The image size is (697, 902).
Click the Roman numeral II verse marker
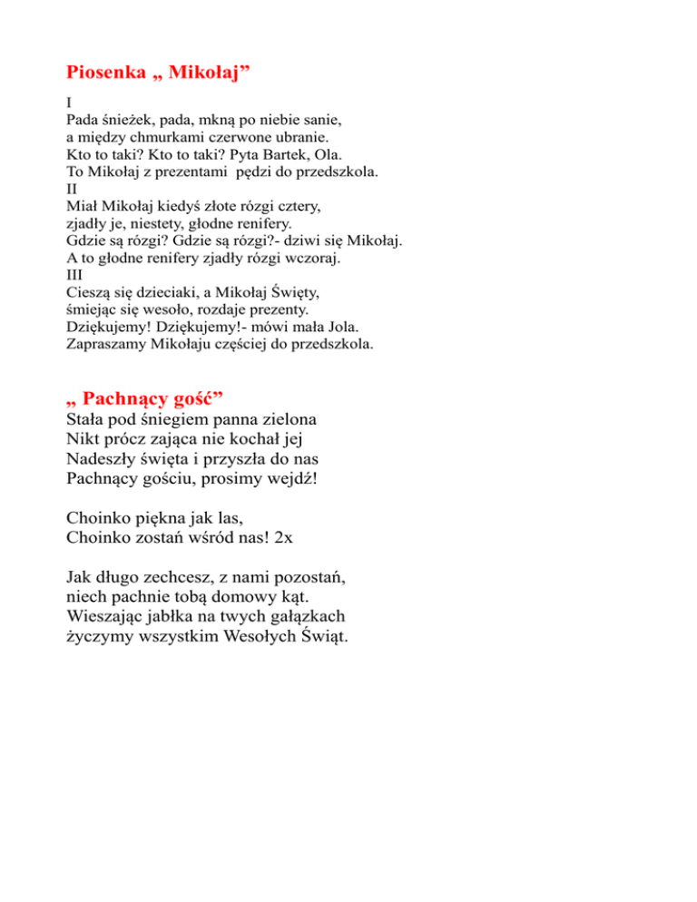click(73, 190)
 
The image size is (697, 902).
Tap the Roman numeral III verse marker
click(74, 276)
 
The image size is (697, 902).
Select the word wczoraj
click(308, 259)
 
